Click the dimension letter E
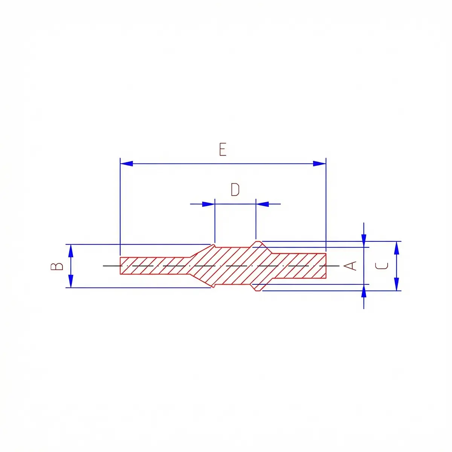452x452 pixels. click(x=223, y=150)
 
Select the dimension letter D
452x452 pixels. click(x=235, y=190)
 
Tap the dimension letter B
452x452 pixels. click(x=57, y=266)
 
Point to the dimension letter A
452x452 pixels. click(x=351, y=266)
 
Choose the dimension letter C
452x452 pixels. click(x=382, y=266)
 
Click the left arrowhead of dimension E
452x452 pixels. click(x=127, y=163)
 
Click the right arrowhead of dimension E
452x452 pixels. click(x=319, y=163)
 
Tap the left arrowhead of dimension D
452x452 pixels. click(x=208, y=204)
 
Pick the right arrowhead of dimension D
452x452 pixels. click(x=263, y=204)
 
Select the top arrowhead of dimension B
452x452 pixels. click(x=71, y=250)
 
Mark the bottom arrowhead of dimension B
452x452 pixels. click(x=71, y=282)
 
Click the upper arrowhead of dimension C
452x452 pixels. click(x=396, y=247)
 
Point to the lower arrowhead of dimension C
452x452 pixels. click(x=396, y=284)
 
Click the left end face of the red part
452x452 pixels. click(x=120, y=266)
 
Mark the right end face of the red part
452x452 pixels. click(x=326, y=266)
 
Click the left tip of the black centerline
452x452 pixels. click(x=104, y=266)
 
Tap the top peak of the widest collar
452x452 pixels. click(x=258, y=241)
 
